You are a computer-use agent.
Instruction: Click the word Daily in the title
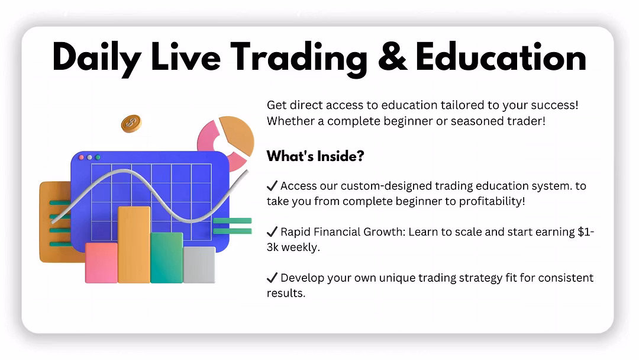coord(96,59)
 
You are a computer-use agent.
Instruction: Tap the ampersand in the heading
coord(392,57)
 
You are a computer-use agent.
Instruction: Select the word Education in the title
coord(501,57)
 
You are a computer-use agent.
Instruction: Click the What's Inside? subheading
coord(315,156)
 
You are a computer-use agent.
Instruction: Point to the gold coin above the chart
coord(131,123)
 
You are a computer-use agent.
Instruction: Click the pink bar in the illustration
coord(101,262)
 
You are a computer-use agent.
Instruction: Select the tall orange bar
coord(134,244)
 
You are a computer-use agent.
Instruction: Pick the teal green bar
coord(166,257)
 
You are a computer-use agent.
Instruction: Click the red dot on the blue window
coord(82,157)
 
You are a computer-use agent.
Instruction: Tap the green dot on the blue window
coord(98,157)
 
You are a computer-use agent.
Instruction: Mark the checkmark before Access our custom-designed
coord(272,186)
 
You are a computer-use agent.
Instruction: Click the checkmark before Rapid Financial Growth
coord(272,232)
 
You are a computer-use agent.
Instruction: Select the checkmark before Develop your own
coord(272,278)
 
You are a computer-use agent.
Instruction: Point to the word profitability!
coord(492,201)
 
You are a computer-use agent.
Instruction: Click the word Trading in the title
coord(299,59)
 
